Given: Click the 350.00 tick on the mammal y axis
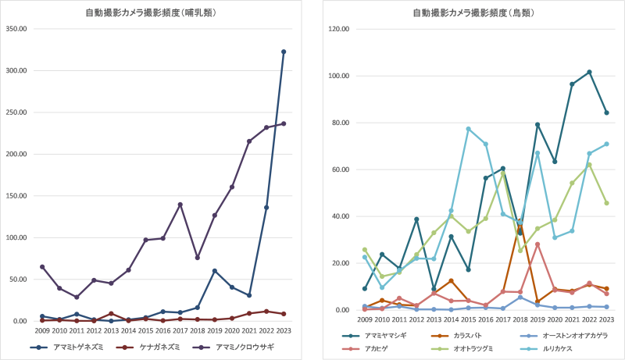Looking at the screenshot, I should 16,29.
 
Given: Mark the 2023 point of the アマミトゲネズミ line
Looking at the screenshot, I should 284,52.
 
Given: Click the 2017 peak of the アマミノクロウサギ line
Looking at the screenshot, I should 180,205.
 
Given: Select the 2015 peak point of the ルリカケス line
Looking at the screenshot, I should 468,129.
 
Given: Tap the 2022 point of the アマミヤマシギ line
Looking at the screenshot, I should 589,72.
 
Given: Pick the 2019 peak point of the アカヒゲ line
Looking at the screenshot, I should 537,244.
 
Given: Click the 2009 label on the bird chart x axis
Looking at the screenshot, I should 364,319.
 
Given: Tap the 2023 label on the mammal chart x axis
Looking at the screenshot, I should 284,330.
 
